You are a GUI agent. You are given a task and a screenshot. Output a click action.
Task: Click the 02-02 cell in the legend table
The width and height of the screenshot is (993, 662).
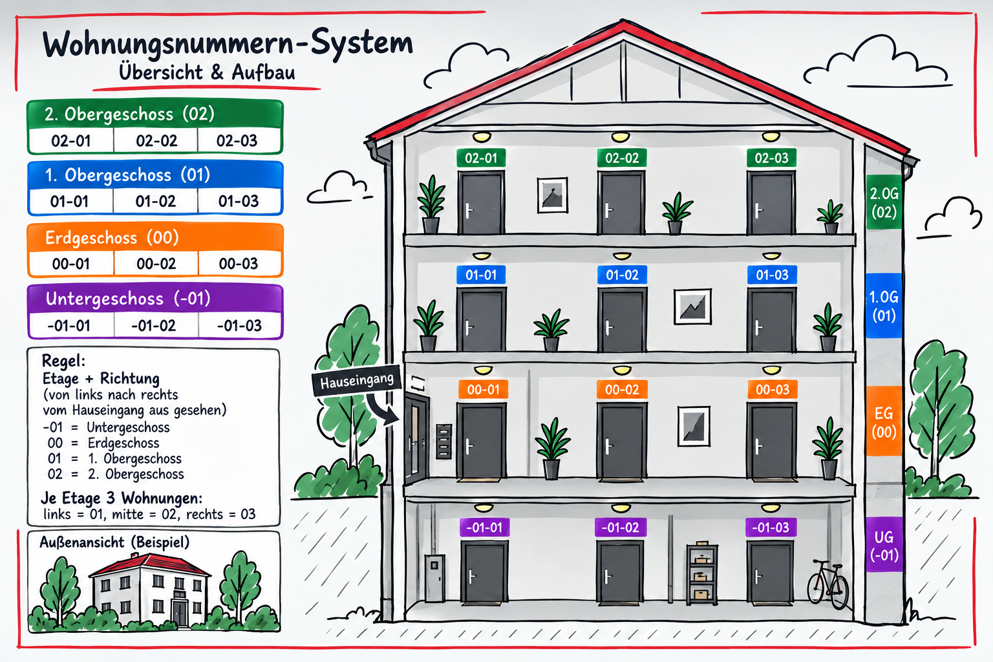156,141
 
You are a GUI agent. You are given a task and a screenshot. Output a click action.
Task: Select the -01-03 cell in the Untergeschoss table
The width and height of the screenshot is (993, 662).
239,326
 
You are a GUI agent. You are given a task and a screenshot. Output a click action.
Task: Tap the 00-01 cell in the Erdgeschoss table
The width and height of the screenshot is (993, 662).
71,264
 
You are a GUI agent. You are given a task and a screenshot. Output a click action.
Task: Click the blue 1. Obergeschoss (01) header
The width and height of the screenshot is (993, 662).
155,175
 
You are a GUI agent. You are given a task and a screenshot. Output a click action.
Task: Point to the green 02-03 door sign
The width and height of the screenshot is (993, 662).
771,158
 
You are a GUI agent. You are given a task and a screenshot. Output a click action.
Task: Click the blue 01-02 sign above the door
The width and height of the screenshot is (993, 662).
622,275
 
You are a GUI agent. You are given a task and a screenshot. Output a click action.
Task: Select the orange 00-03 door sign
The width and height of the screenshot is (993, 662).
773,389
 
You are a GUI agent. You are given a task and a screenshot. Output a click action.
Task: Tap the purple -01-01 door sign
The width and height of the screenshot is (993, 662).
484,528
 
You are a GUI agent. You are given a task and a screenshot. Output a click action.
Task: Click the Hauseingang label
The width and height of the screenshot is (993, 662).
357,381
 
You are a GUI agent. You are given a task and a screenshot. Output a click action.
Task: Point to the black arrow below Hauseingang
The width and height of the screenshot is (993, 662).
380,409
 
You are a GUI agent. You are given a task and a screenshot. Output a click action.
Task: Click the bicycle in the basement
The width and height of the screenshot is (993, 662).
827,584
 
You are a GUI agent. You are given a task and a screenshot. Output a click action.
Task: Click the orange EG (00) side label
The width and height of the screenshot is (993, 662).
884,422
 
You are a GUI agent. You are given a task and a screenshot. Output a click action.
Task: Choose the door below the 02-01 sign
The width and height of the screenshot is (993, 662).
481,203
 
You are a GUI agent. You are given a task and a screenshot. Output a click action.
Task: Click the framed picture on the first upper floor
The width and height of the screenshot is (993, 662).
692,307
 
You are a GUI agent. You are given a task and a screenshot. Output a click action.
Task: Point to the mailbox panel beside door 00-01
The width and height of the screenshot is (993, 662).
444,442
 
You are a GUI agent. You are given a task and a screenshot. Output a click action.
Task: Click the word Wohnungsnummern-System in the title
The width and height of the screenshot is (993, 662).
228,43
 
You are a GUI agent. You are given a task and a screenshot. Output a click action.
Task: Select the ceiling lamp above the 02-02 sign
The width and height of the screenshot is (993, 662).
621,137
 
